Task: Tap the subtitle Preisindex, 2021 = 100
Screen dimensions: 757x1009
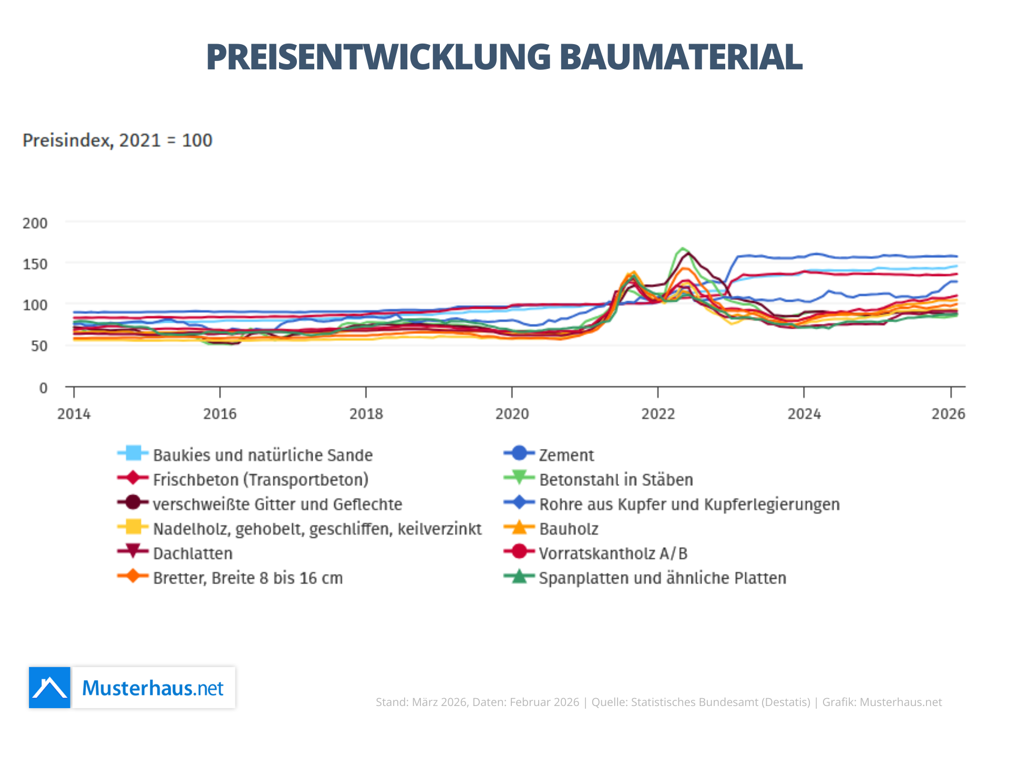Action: point(117,140)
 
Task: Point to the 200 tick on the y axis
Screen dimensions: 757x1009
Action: point(35,223)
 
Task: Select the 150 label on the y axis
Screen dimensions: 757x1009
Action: point(35,264)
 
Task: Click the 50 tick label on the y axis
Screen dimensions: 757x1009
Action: point(38,346)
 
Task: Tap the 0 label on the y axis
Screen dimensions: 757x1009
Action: point(43,388)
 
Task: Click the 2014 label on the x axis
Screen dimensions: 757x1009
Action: point(74,414)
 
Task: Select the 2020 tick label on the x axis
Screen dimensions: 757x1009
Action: point(512,414)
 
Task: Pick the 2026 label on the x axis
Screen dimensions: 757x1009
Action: point(948,414)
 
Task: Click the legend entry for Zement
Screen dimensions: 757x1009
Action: point(566,455)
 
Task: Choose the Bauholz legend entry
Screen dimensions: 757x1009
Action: point(569,529)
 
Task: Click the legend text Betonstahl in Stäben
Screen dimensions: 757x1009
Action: point(616,480)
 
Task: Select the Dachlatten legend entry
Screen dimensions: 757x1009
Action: point(192,554)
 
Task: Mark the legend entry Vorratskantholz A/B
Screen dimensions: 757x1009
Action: point(613,554)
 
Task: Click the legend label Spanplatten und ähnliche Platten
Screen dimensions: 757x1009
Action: point(662,578)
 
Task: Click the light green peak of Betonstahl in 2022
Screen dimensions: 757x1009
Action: point(682,248)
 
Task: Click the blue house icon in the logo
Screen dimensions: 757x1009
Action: point(49,688)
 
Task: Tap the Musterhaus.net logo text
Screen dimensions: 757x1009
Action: point(153,688)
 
